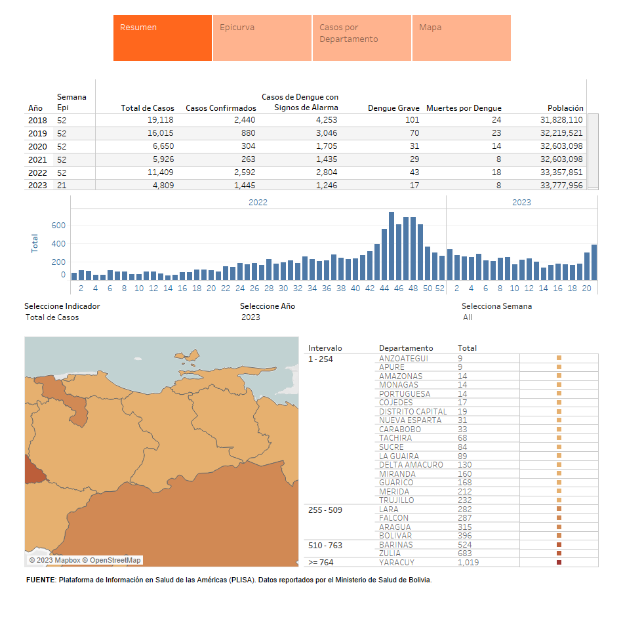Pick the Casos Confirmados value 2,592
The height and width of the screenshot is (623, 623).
click(x=241, y=172)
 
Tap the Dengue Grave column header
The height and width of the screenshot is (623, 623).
click(x=393, y=108)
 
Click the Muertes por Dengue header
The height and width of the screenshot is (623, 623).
click(x=464, y=108)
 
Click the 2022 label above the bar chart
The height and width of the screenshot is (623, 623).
click(x=258, y=203)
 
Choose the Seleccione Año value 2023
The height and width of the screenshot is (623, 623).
click(x=251, y=317)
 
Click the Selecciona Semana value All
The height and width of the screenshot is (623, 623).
click(x=468, y=317)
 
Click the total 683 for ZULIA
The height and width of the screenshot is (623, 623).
click(x=465, y=553)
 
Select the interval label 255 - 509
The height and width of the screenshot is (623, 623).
click(x=325, y=510)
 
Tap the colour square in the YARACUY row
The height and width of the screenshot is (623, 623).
click(x=559, y=563)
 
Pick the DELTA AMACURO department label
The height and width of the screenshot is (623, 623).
click(x=411, y=465)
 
